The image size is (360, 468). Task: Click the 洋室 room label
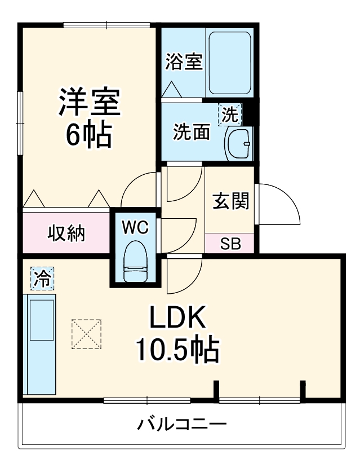point(89,102)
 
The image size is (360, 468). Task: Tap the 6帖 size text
point(89,135)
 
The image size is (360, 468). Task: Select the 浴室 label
point(184,62)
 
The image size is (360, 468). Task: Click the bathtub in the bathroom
point(230,63)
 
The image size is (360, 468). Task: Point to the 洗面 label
point(192,131)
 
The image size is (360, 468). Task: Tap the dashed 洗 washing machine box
point(230,114)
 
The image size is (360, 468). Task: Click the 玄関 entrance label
point(230,201)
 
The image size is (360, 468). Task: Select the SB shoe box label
point(230,244)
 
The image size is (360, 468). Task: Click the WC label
point(135,228)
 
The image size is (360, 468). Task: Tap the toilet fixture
point(135,262)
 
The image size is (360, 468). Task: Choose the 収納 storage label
point(66,233)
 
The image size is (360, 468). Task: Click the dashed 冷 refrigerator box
point(42,279)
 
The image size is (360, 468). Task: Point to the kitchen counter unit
point(39,344)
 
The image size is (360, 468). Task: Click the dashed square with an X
point(87,334)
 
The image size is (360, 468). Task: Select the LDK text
point(178,317)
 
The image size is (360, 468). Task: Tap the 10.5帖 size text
point(178,350)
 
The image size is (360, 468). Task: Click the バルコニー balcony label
point(182,424)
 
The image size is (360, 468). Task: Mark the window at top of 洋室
point(106,25)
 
